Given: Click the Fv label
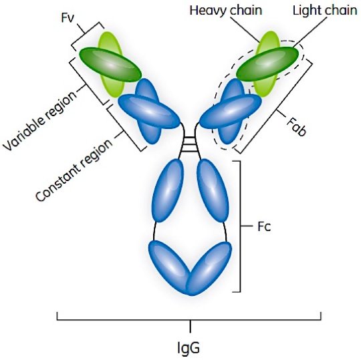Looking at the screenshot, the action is (68, 17).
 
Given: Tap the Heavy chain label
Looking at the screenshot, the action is (226, 11).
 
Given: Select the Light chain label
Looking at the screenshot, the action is (325, 11).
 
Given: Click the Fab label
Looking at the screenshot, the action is (297, 127).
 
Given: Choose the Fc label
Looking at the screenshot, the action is (264, 226).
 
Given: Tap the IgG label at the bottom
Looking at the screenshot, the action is (189, 348).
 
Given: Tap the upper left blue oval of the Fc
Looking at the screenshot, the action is (168, 191).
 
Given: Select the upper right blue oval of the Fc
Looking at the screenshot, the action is (213, 191).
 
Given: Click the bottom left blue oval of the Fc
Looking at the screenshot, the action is (170, 267).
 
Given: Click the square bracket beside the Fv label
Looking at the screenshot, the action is (86, 36).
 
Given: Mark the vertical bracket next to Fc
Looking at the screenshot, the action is (241, 226).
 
